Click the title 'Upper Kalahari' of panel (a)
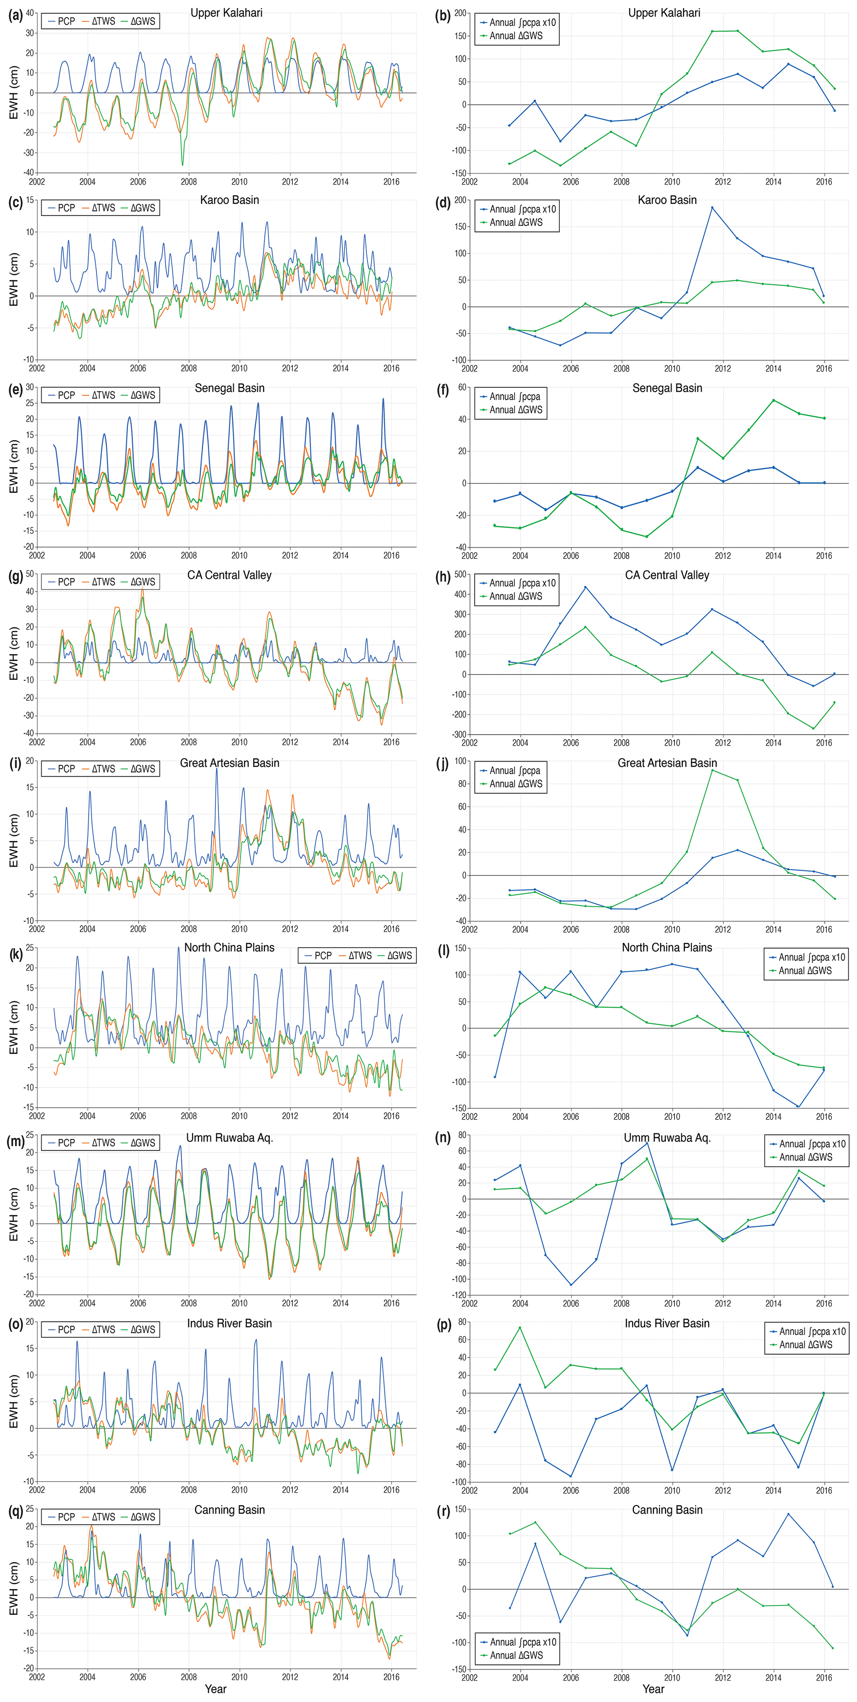pos(227,12)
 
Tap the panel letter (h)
pos(443,577)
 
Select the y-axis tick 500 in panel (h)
pos(459,574)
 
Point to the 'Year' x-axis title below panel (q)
pos(216,1688)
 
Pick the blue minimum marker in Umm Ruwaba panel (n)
pos(571,1284)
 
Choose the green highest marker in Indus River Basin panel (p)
pos(520,1328)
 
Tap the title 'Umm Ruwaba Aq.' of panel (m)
pos(229,1137)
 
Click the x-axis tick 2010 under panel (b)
pos(672,182)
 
